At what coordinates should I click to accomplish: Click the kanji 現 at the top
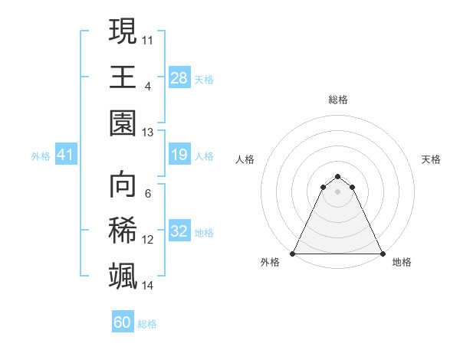[123, 32]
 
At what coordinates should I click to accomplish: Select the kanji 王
[123, 77]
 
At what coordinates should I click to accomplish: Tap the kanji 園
[123, 123]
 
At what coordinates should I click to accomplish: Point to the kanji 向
[123, 185]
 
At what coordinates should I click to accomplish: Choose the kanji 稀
[123, 231]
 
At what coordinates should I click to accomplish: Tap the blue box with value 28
[179, 77]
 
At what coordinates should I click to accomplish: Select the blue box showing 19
[179, 155]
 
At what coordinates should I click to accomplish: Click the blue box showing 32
[179, 231]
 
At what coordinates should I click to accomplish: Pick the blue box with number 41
[66, 155]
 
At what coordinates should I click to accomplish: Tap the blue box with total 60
[123, 322]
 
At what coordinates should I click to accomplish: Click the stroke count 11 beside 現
[148, 39]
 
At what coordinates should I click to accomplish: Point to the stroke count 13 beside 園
[148, 132]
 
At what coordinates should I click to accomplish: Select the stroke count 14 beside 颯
[148, 286]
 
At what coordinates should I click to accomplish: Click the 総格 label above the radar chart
[338, 100]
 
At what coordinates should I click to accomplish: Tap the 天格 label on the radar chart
[432, 159]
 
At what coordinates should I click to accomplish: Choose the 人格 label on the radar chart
[245, 159]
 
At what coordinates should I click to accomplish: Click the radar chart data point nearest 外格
[294, 254]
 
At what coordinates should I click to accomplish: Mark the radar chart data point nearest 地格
[382, 254]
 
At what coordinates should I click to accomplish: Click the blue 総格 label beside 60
[147, 324]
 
